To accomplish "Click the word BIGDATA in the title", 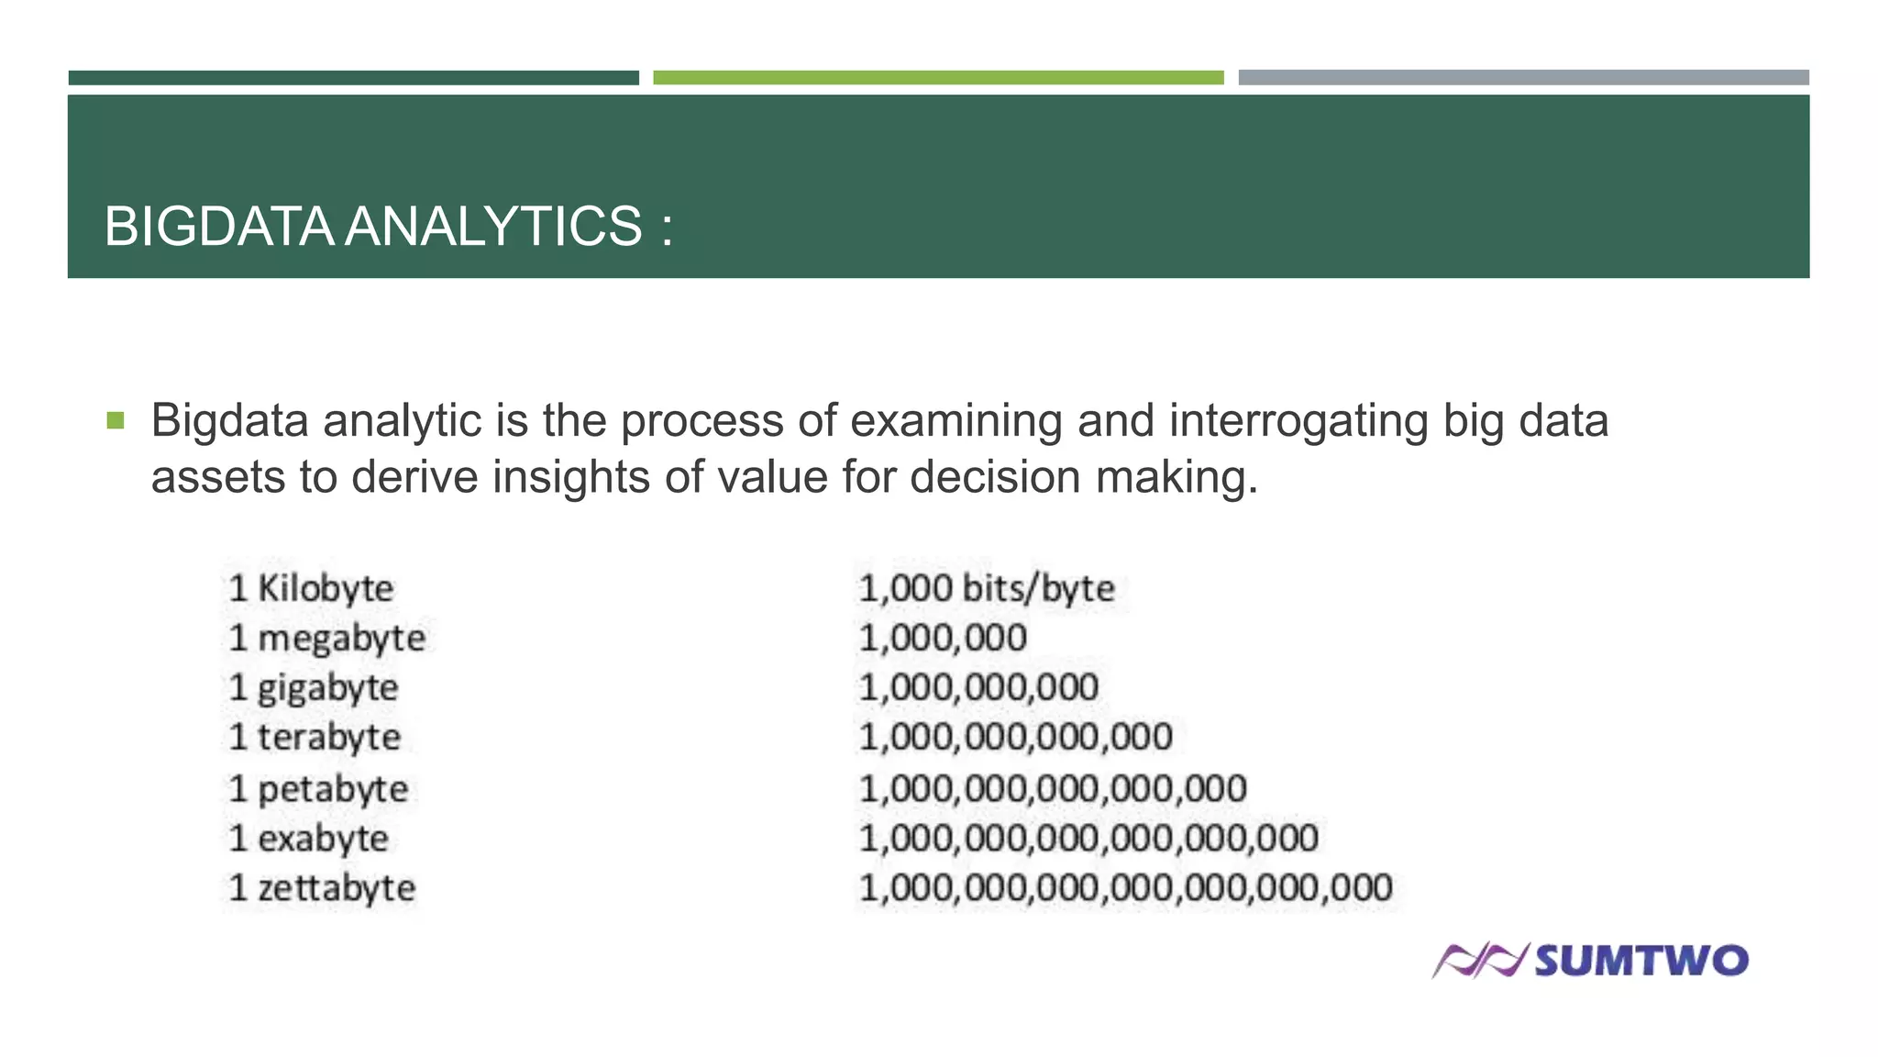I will [x=218, y=227].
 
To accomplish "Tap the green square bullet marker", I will [x=115, y=421].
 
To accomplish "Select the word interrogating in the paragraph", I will [x=1298, y=421].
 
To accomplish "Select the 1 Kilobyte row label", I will [x=312, y=588].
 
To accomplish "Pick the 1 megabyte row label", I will [x=327, y=638].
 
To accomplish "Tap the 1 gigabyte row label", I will [x=314, y=688].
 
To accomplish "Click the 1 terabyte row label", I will [x=315, y=737].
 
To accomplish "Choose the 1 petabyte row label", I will [x=318, y=789].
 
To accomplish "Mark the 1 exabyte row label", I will [x=309, y=838].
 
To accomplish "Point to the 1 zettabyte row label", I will [x=322, y=888].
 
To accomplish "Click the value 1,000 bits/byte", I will [x=986, y=588].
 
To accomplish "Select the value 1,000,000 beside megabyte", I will [x=943, y=638].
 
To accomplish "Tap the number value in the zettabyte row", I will [x=1125, y=888].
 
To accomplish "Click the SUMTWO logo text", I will [x=1640, y=961].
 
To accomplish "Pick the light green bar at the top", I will [x=938, y=78].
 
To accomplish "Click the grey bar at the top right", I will [x=1523, y=78].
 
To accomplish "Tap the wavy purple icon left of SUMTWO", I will [x=1479, y=961].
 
